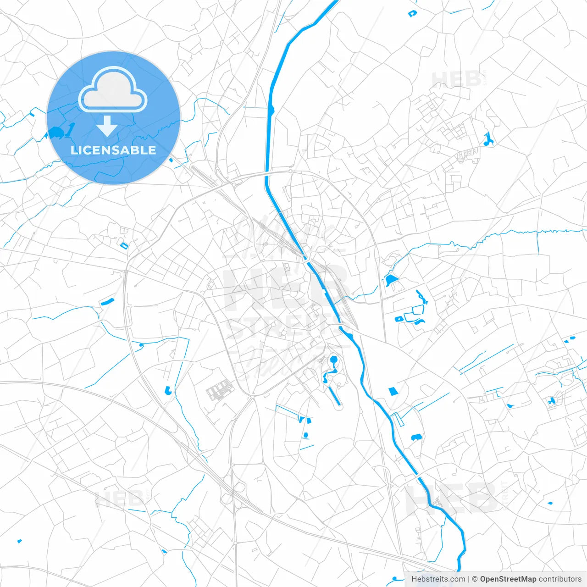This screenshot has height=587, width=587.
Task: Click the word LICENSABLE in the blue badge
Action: pyautogui.click(x=113, y=150)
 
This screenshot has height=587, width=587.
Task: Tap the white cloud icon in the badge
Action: pyautogui.click(x=113, y=89)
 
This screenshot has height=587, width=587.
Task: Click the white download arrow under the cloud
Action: pyautogui.click(x=107, y=126)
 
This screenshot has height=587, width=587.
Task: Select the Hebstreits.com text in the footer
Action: pyautogui.click(x=438, y=579)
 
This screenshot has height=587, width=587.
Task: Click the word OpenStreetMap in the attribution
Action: pyautogui.click(x=508, y=579)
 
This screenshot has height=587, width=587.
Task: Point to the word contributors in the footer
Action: pyautogui.click(x=560, y=579)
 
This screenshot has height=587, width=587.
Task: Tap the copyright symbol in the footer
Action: pyautogui.click(x=475, y=579)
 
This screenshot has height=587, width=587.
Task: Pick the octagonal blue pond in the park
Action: pyautogui.click(x=333, y=359)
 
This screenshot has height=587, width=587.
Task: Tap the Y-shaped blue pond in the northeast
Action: pyautogui.click(x=487, y=139)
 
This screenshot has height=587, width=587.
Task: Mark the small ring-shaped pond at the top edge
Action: pyautogui.click(x=412, y=14)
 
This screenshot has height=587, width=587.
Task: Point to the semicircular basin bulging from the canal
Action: pyautogui.click(x=272, y=110)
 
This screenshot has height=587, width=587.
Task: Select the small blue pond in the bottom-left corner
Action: pyautogui.click(x=19, y=541)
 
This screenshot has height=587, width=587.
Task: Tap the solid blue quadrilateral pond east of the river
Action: pyautogui.click(x=393, y=391)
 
